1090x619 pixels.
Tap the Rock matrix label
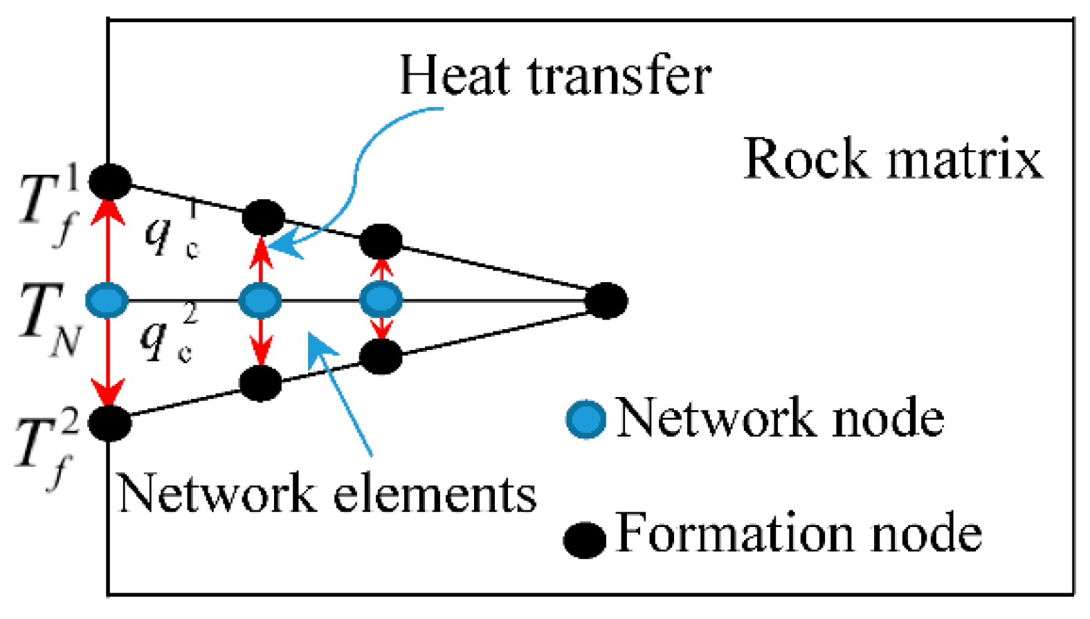892,160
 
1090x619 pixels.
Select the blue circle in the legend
586,419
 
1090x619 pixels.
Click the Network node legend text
779,418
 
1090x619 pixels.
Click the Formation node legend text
798,533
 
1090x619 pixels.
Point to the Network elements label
327,494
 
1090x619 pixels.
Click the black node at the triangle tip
606,300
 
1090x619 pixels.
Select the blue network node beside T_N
107,300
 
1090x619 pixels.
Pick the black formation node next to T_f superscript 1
110,181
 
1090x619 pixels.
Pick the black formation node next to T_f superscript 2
109,423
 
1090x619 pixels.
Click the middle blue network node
260,301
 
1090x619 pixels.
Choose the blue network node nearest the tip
381,300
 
